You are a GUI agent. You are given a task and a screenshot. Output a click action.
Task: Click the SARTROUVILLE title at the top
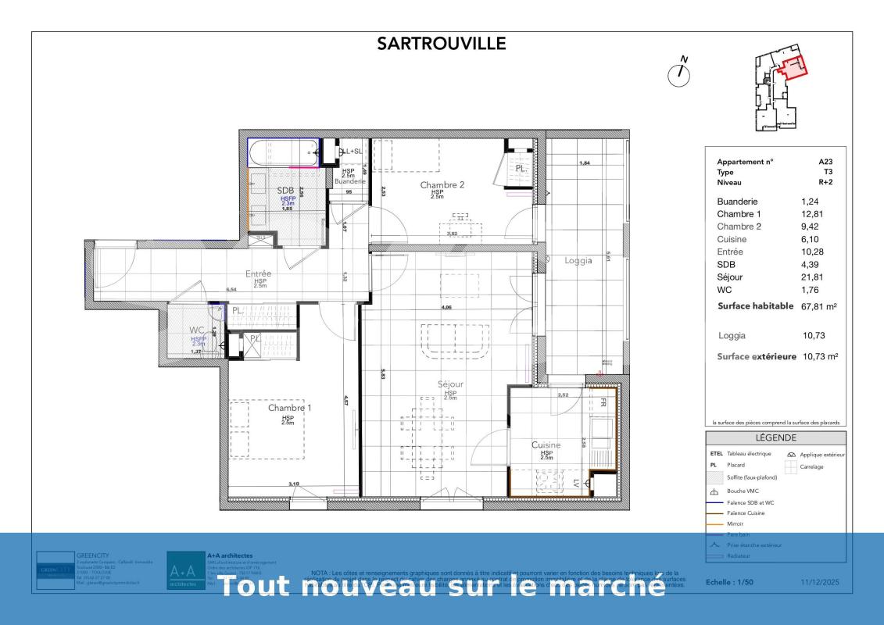click(x=442, y=43)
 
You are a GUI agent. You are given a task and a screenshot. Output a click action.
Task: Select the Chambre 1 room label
click(x=289, y=408)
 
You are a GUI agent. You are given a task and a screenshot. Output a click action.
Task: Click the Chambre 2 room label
click(x=442, y=185)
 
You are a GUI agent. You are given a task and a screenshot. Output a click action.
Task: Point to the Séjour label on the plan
click(x=450, y=384)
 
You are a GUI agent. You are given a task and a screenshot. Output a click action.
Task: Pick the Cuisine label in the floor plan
click(x=546, y=445)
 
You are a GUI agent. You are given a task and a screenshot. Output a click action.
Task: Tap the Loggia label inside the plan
click(x=580, y=261)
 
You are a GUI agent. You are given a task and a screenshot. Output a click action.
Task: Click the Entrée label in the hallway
click(x=259, y=274)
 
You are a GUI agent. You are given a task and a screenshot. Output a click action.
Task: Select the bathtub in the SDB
click(x=283, y=153)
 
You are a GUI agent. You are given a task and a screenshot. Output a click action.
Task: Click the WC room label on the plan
click(x=196, y=330)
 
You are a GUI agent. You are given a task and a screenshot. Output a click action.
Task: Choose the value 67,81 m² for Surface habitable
click(x=819, y=307)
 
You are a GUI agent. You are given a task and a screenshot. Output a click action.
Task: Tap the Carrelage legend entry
click(x=811, y=466)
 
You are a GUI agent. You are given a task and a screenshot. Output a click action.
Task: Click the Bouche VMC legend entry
click(x=743, y=491)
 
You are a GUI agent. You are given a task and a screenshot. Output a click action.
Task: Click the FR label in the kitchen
click(x=603, y=404)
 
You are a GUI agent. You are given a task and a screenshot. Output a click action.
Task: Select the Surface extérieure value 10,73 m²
click(x=819, y=356)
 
